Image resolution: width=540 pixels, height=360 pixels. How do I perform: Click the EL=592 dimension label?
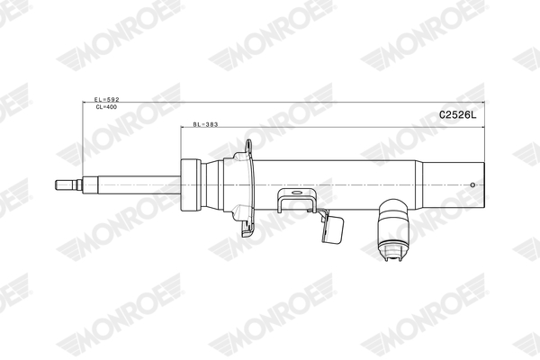(x=107, y=99)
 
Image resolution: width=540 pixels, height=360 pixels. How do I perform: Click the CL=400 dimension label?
(x=106, y=107)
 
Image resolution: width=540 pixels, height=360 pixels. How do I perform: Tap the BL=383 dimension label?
(x=205, y=124)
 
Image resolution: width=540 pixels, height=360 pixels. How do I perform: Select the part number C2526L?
(x=458, y=115)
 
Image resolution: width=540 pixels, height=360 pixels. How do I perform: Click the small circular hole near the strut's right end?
(x=472, y=185)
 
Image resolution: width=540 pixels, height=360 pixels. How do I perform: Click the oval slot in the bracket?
(x=296, y=193)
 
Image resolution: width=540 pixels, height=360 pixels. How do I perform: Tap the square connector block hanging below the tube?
(x=333, y=227)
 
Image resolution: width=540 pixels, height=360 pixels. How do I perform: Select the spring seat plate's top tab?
(x=248, y=147)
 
